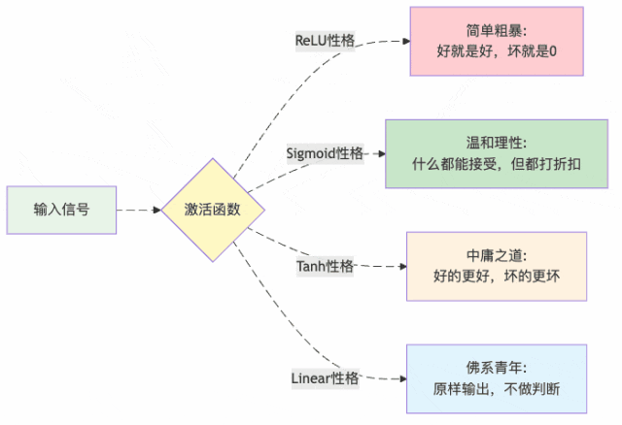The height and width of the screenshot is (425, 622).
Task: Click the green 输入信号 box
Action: coord(61,210)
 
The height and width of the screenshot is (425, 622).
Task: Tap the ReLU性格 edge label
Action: coord(326,42)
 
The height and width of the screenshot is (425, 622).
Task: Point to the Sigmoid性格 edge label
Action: coord(325,153)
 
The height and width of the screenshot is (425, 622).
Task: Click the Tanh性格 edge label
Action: coord(325,266)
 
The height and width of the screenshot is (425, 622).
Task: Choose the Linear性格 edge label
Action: coord(325,377)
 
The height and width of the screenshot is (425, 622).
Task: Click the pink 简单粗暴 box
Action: coord(496,42)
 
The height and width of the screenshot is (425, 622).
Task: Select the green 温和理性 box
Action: coord(496,153)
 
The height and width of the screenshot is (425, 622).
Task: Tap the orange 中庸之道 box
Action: coord(496,265)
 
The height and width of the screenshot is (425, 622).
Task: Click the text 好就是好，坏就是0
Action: coord(496,50)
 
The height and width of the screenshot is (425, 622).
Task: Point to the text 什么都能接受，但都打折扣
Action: coord(496,163)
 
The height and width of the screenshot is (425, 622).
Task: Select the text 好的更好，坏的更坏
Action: coord(496,275)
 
